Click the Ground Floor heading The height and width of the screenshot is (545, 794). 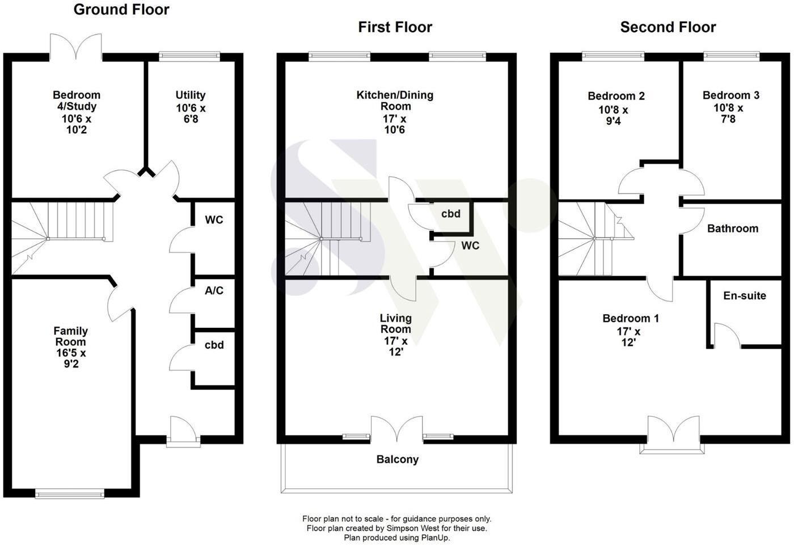[121, 10]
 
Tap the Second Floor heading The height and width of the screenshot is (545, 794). [668, 27]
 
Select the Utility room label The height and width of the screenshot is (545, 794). [190, 95]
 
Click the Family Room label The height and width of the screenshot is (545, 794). [70, 336]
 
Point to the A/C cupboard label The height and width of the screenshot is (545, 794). [214, 291]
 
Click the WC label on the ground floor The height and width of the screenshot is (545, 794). [214, 220]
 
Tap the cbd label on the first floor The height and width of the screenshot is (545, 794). [451, 214]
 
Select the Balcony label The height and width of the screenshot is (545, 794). [397, 459]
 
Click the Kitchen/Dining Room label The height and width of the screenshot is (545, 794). [395, 100]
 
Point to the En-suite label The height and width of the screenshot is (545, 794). [744, 295]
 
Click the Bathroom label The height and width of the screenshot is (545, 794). [732, 229]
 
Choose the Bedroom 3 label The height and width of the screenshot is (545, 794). [730, 95]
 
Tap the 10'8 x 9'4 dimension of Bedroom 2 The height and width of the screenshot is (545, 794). [613, 115]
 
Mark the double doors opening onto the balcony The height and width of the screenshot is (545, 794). [396, 429]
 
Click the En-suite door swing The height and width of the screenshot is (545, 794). [727, 336]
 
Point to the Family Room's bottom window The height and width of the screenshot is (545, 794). [70, 495]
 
